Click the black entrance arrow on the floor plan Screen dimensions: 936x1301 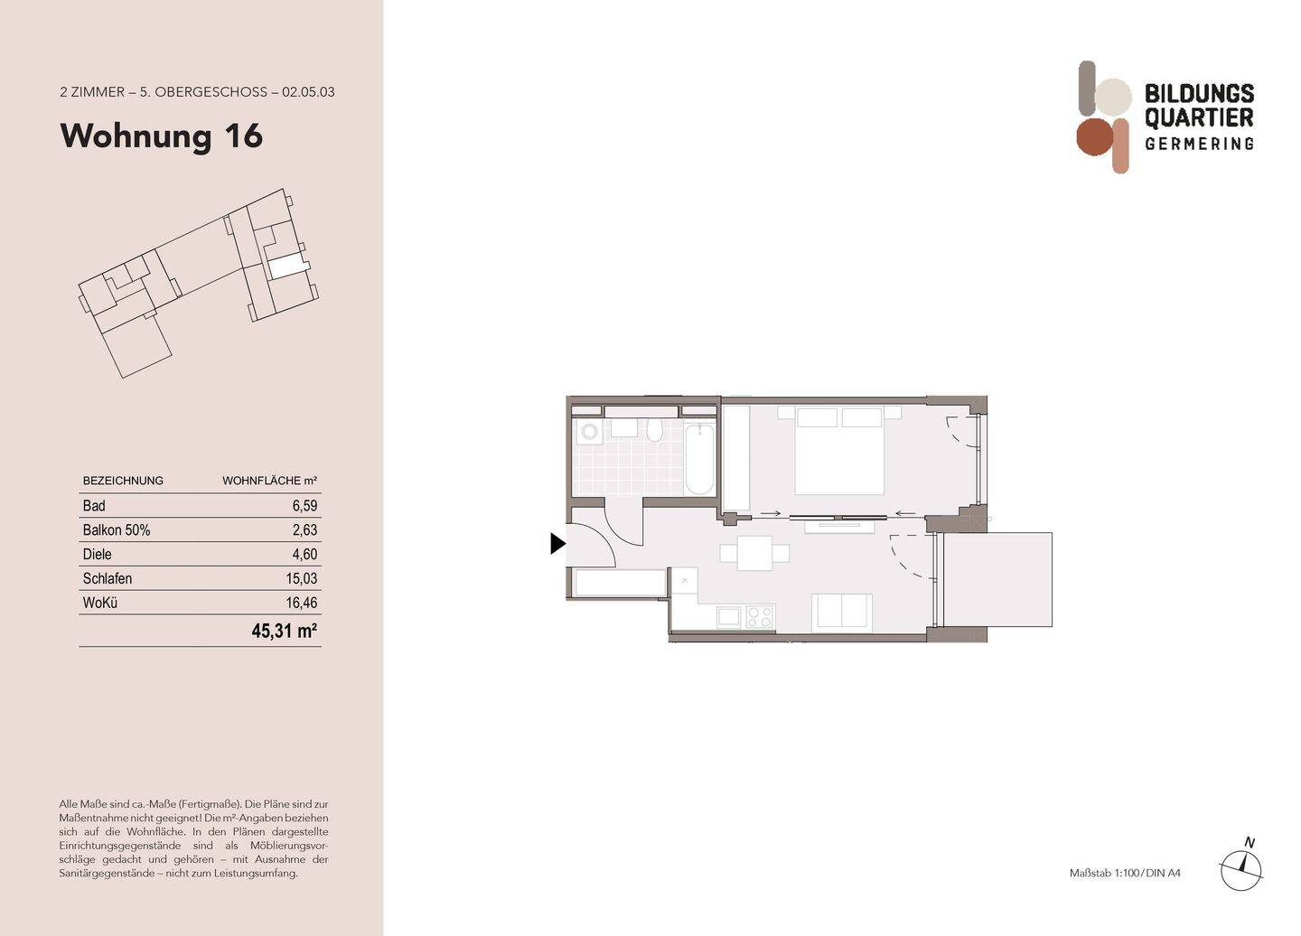pyautogui.click(x=557, y=543)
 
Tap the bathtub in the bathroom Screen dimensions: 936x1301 pyautogui.click(x=699, y=459)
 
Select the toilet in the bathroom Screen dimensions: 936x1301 pyautogui.click(x=655, y=429)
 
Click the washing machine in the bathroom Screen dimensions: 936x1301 pyautogui.click(x=591, y=432)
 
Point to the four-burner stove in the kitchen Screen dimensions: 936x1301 pyautogui.click(x=760, y=617)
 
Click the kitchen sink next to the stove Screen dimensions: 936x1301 pyautogui.click(x=728, y=617)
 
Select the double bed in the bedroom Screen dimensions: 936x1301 pyautogui.click(x=838, y=452)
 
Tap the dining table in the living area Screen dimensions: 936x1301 pyautogui.click(x=754, y=553)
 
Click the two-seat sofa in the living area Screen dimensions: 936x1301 pyautogui.click(x=841, y=612)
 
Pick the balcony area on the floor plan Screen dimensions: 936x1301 pyautogui.click(x=997, y=579)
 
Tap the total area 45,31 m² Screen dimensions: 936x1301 pyautogui.click(x=284, y=631)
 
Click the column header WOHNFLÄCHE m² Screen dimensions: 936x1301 pyautogui.click(x=269, y=481)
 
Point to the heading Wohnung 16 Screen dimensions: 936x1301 pyautogui.click(x=162, y=136)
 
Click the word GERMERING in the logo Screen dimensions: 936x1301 pyautogui.click(x=1199, y=144)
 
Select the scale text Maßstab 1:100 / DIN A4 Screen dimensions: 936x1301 pyautogui.click(x=1125, y=873)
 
